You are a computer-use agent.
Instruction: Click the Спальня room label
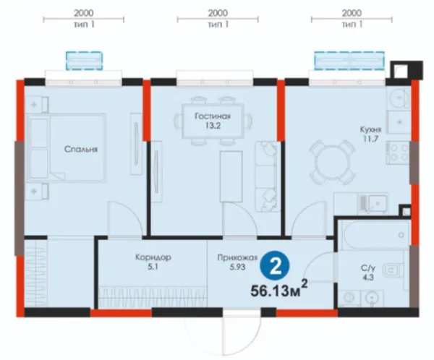tap(81, 150)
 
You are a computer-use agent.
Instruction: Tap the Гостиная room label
tap(213, 116)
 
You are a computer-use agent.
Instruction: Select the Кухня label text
tap(370, 129)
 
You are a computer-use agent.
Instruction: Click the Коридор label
tap(153, 257)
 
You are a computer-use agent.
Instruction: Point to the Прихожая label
tap(237, 258)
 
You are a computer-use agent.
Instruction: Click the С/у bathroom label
tap(368, 268)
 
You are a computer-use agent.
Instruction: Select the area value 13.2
tap(213, 126)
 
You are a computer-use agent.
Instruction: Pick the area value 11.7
tap(370, 139)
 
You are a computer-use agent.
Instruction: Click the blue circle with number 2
tap(275, 267)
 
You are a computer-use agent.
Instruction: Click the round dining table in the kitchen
tap(332, 162)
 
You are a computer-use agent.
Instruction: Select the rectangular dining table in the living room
tap(213, 121)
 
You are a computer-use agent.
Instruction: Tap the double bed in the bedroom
tap(66, 147)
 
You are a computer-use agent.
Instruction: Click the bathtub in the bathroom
tap(375, 235)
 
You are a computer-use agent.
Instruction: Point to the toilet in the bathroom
tap(393, 270)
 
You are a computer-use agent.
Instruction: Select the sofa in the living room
tap(266, 176)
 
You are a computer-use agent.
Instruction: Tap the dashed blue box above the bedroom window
tap(84, 61)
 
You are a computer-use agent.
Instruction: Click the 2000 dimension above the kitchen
tap(352, 13)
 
